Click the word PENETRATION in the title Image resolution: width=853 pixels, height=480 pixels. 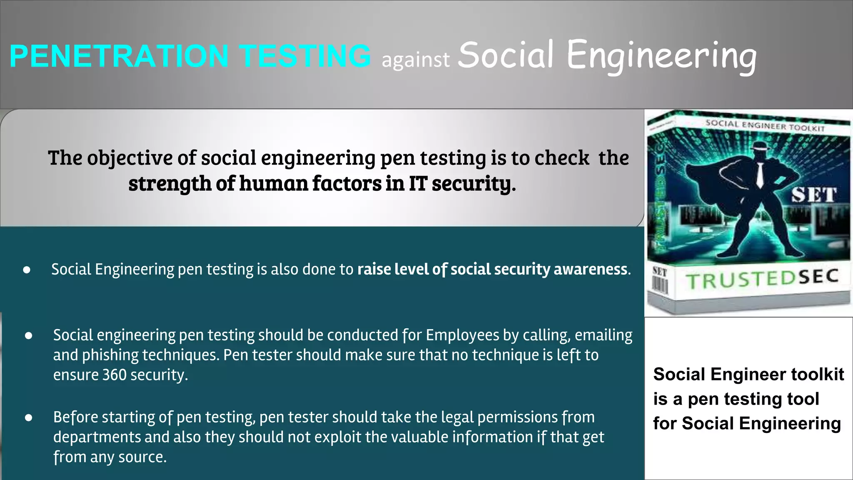(119, 56)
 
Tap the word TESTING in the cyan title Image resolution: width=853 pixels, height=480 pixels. (305, 56)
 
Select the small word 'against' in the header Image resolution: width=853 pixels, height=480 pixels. (416, 60)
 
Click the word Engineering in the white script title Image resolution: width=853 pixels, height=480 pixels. (661, 56)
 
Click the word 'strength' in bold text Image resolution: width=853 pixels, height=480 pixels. (170, 184)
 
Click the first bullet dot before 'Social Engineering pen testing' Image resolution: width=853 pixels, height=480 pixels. (27, 270)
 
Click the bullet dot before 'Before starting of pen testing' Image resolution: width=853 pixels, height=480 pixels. (28, 417)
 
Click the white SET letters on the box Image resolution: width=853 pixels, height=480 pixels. (813, 195)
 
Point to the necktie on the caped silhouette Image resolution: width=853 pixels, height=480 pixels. (760, 175)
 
